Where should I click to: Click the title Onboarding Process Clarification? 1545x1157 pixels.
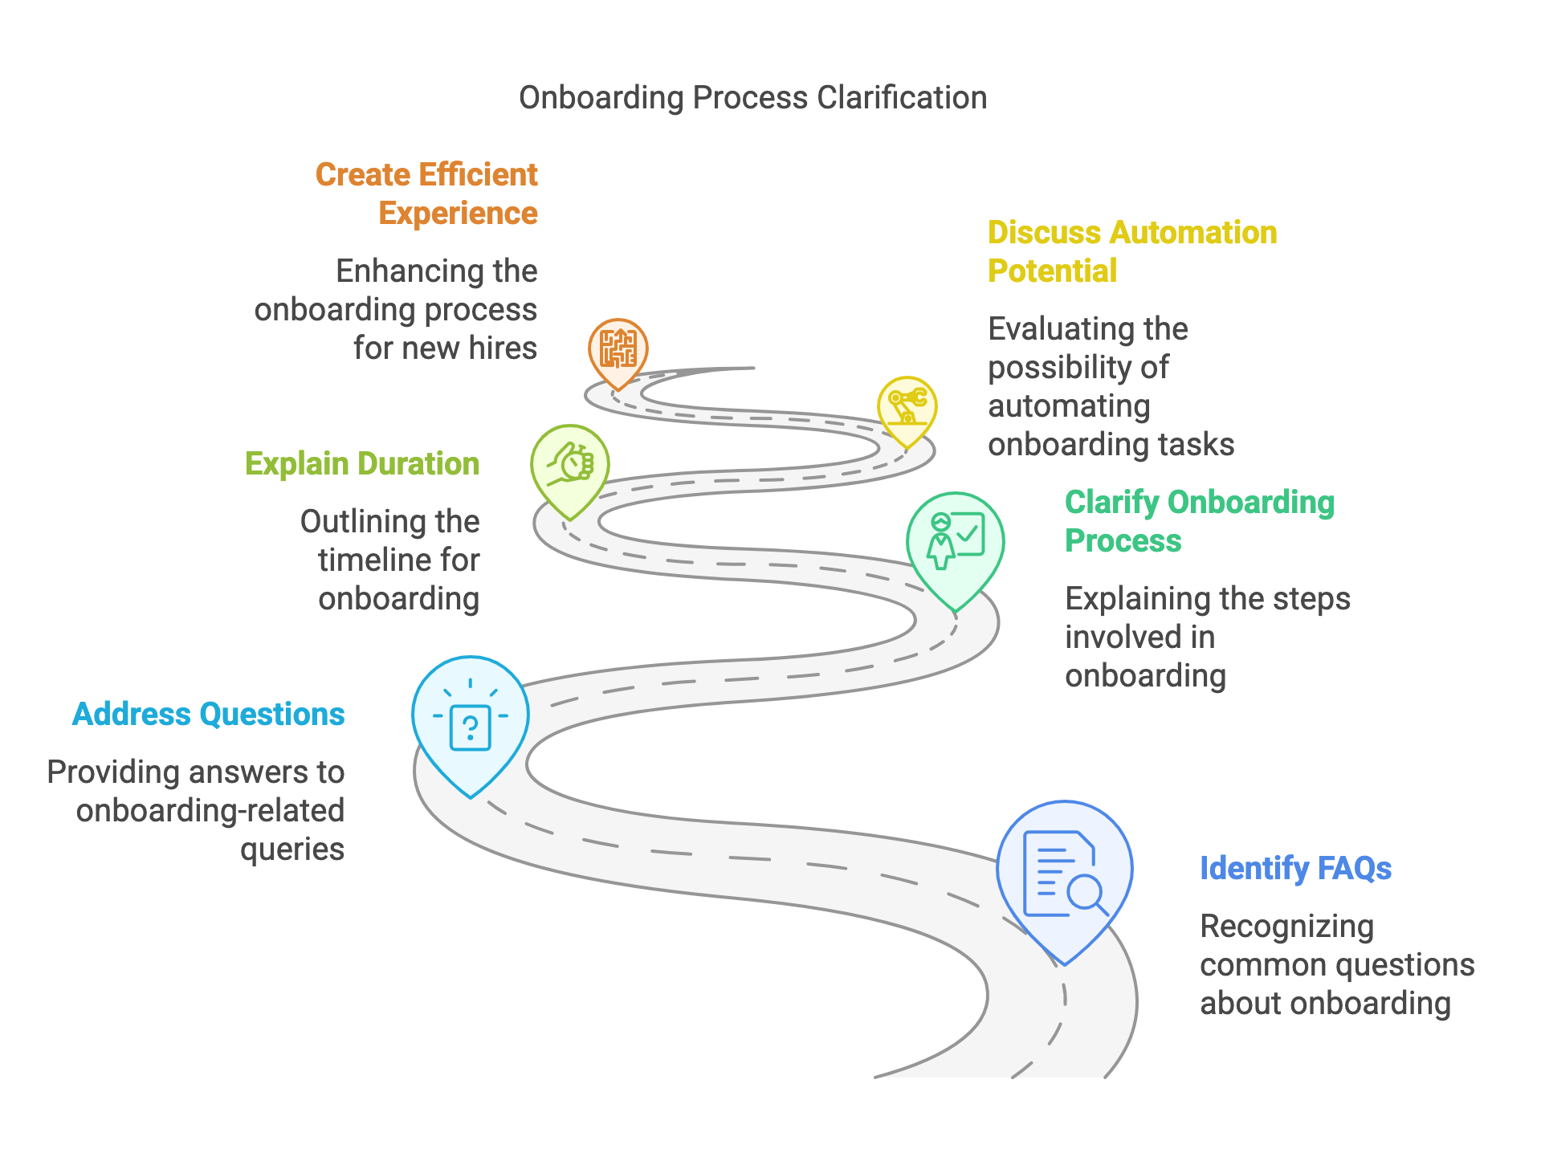752,98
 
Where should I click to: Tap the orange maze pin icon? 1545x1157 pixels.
618,349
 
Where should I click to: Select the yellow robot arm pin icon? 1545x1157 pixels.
907,407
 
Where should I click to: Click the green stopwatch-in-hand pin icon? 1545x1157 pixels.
570,465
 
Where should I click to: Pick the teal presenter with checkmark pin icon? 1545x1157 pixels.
955,543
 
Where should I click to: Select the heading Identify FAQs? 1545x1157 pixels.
1295,869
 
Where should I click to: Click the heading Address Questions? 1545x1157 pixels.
209,715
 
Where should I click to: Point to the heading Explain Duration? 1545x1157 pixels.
362,464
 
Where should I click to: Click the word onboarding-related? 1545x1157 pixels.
210,811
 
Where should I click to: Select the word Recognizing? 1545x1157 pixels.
1286,927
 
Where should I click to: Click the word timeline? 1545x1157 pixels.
376,560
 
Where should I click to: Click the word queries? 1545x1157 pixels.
292,849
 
